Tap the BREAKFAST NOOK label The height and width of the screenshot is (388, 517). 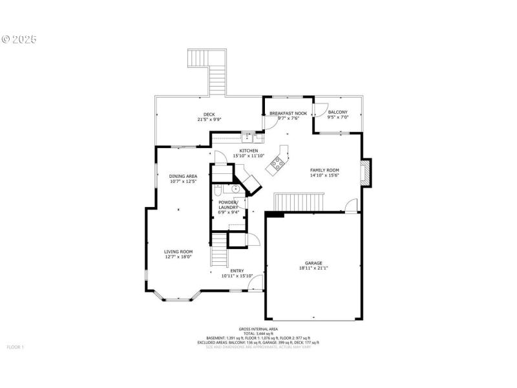click(288, 113)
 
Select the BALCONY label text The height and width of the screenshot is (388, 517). click(337, 113)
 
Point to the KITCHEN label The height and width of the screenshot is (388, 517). click(249, 150)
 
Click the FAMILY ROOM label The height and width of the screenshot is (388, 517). click(324, 169)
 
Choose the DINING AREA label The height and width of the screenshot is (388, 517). click(183, 176)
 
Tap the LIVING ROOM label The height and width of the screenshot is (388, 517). click(178, 252)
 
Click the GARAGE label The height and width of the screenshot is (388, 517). click(313, 263)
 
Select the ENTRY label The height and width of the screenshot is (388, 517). click(237, 271)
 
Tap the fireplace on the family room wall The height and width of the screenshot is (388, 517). click(365, 173)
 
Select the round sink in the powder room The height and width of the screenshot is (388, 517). click(233, 189)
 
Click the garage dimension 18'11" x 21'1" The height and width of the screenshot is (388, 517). click(313, 269)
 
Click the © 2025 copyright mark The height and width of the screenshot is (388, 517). click(19, 39)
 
